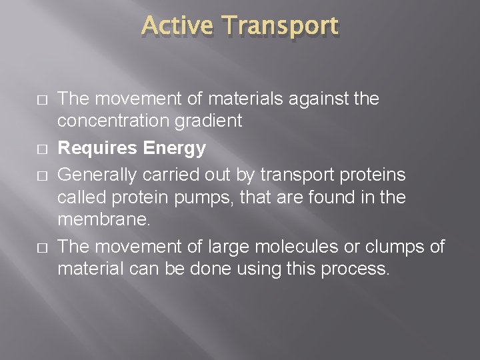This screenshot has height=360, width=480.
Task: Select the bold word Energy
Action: [175, 149]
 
